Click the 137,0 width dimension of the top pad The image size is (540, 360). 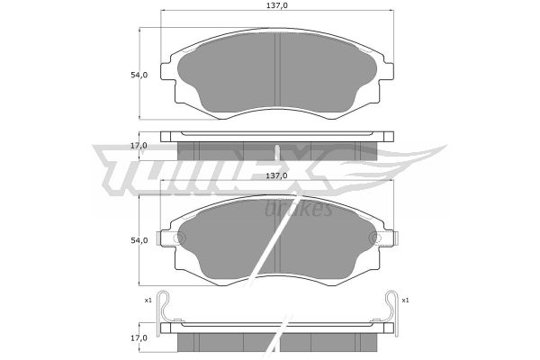pyautogui.click(x=276, y=5)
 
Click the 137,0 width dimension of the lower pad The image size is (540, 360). pyautogui.click(x=276, y=175)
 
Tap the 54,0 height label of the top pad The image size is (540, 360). pyautogui.click(x=139, y=75)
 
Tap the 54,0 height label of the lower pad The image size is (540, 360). pyautogui.click(x=139, y=240)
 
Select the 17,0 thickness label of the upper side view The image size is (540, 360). pyautogui.click(x=139, y=146)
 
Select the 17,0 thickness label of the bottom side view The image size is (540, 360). pyautogui.click(x=139, y=338)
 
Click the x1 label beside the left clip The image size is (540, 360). pyautogui.click(x=148, y=301)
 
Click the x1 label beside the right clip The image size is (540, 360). pyautogui.click(x=405, y=301)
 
